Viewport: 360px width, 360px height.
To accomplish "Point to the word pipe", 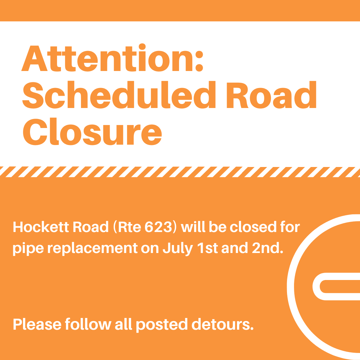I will (x=25, y=249).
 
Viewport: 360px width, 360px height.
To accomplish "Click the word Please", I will (x=37, y=324).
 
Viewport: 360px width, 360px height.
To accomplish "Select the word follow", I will (x=88, y=324).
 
